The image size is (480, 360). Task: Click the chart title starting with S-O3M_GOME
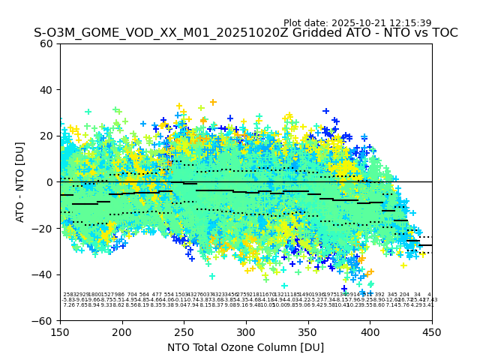tap(245, 33)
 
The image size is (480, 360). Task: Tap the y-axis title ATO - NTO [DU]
tap(20, 182)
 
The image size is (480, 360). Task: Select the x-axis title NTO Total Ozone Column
tap(245, 347)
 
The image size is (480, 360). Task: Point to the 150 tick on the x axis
tap(60, 331)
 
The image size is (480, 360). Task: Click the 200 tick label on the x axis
tap(122, 331)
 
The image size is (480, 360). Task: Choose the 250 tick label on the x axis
tap(184, 331)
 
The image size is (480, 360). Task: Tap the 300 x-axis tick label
tap(246, 331)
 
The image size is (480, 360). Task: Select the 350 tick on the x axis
tap(308, 331)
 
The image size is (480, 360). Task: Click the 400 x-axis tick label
tap(370, 331)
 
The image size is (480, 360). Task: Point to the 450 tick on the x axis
tap(432, 331)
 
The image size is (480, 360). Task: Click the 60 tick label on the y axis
tap(46, 43)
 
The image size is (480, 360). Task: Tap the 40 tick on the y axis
tap(46, 90)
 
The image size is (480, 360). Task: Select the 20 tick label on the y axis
tap(46, 136)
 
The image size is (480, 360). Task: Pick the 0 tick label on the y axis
tap(49, 182)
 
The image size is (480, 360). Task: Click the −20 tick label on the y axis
tap(43, 229)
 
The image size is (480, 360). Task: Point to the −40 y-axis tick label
tap(43, 274)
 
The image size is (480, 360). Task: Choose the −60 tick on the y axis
tap(43, 321)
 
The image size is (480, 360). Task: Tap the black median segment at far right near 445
tap(425, 245)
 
